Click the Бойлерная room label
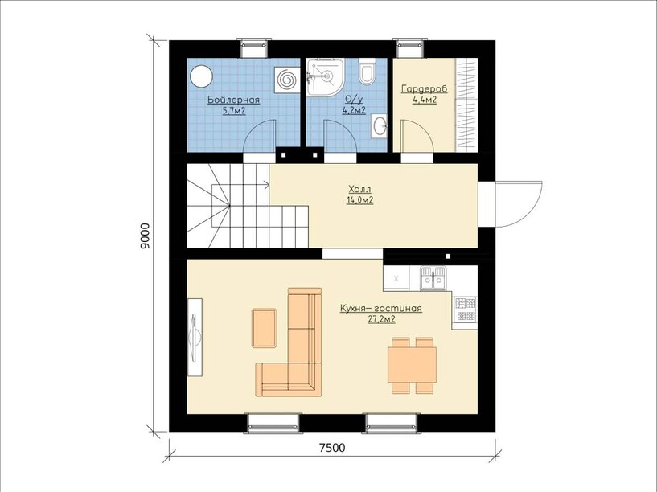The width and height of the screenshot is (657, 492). [x=233, y=100]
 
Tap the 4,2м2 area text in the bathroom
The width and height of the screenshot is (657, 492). [x=354, y=111]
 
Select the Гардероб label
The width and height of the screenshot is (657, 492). [x=425, y=89]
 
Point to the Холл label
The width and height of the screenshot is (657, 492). [x=359, y=189]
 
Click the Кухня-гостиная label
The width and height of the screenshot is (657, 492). [x=381, y=309]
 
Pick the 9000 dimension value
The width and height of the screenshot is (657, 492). [x=145, y=236]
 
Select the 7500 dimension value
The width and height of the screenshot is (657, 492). [x=332, y=448]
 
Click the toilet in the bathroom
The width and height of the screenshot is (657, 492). [x=368, y=72]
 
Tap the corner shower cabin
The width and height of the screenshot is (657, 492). [x=325, y=77]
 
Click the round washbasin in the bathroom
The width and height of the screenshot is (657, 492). [x=380, y=125]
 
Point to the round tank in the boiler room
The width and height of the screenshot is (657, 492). [x=201, y=76]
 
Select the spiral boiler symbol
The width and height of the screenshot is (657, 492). [x=287, y=80]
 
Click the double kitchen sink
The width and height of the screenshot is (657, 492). [x=433, y=278]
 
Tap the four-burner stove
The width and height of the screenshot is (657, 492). [x=465, y=309]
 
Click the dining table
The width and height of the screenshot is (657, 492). [x=413, y=364]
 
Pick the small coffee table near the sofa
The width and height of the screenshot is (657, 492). [x=265, y=328]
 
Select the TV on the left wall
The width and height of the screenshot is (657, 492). [x=195, y=338]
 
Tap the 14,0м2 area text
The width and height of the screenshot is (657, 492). [x=359, y=200]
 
